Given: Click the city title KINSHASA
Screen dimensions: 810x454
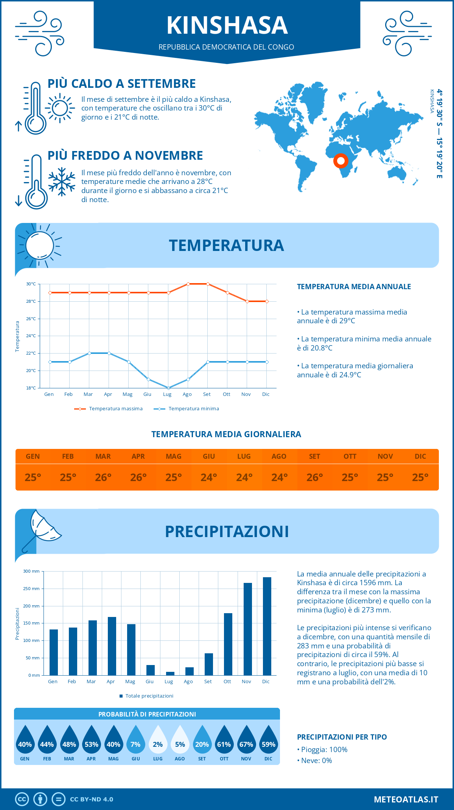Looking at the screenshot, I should pos(227,25).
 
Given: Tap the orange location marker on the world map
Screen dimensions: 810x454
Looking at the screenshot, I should pos(340,161).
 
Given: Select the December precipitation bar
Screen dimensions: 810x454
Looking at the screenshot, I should pos(267,626).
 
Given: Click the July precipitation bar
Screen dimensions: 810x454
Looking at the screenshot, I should pos(170,673).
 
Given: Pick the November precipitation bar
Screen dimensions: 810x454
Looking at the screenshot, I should pos(247,629).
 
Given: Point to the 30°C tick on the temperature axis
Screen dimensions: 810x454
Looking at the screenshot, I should pos(31,284).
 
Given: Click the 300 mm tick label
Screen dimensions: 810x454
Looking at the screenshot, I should pos(31,571).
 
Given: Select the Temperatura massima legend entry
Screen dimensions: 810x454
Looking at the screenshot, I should pos(109,409).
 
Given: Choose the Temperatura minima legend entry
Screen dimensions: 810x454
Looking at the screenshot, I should pos(187,409).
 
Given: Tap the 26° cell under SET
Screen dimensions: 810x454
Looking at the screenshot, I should pos(314,477).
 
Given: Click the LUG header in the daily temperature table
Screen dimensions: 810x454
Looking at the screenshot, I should pos(244,456).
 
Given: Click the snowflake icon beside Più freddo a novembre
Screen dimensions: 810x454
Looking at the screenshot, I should pos(62,182).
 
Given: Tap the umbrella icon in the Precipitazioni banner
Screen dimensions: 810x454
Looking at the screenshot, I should pos(42,530).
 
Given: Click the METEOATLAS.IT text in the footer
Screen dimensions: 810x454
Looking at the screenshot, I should pos(406,799).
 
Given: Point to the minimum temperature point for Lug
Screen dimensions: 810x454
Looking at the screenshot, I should pos(168,388).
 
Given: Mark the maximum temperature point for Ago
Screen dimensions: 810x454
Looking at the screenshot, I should pos(188,284).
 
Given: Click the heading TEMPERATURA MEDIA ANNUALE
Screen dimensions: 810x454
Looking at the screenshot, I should pos(354,287).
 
